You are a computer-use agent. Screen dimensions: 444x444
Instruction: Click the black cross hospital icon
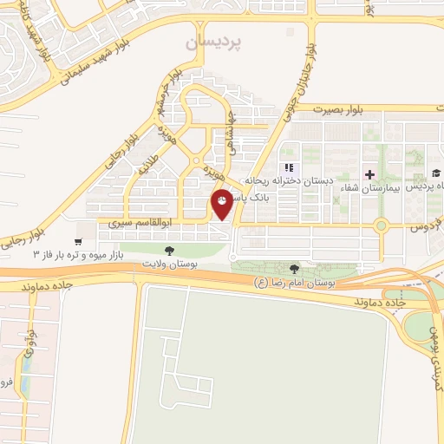(x=370, y=174)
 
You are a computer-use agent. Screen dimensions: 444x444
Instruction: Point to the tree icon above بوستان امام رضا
(x=295, y=270)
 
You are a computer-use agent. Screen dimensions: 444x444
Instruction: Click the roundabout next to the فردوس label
(x=381, y=226)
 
